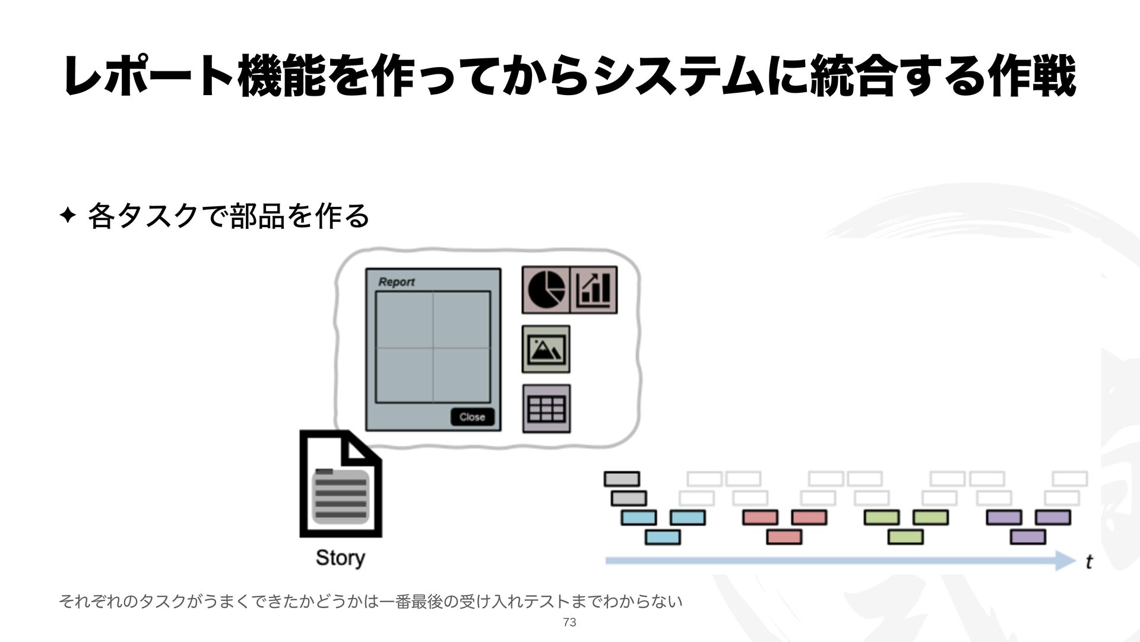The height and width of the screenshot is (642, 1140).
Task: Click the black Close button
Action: [472, 417]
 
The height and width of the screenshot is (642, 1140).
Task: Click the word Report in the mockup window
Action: [396, 282]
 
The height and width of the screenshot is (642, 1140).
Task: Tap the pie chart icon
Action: [546, 289]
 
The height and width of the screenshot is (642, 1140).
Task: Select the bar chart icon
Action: [594, 289]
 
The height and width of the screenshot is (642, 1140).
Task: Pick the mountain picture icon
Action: [546, 349]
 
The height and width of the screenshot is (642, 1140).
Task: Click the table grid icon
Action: [546, 408]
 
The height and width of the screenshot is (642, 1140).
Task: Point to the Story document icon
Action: [340, 484]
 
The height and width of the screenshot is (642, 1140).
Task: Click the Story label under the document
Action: [340, 558]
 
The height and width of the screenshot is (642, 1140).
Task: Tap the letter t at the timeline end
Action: [1089, 562]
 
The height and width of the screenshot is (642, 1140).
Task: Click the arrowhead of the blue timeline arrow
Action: [1065, 560]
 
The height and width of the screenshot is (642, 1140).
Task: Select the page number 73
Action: [569, 622]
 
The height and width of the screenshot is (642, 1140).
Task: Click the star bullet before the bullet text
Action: [68, 216]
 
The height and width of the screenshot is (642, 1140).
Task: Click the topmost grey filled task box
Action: [622, 479]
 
